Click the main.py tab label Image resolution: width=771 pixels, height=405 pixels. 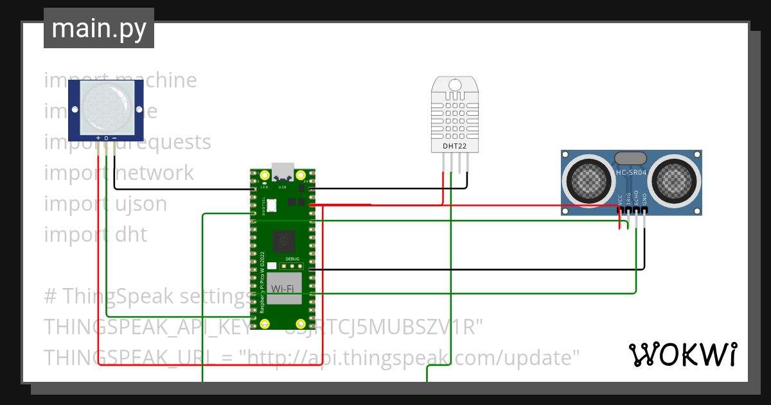(x=98, y=28)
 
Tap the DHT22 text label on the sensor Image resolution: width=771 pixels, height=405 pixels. (x=456, y=146)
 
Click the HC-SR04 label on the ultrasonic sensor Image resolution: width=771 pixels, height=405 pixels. (x=631, y=172)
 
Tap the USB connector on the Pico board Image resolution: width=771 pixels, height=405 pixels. (x=283, y=172)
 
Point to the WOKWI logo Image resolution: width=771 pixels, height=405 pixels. (x=682, y=354)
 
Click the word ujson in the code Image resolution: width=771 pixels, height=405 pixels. (x=140, y=204)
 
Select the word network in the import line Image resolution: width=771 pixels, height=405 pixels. (x=154, y=173)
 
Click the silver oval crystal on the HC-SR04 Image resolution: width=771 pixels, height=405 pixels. (x=631, y=158)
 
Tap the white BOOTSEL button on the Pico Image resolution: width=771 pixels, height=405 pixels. (x=271, y=206)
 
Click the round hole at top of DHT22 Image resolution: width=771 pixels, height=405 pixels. (x=455, y=85)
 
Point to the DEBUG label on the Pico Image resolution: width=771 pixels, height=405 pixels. (x=292, y=258)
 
